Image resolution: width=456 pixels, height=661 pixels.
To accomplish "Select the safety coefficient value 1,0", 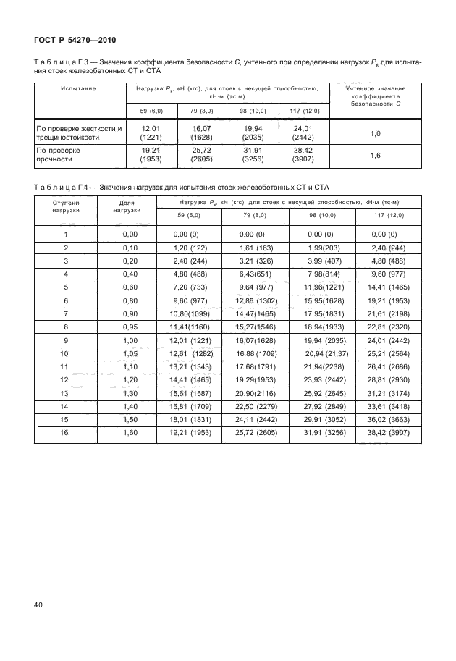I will (375, 134).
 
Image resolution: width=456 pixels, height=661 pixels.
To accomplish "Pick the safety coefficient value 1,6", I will (375, 156).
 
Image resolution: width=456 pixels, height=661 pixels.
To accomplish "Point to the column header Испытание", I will (78, 88).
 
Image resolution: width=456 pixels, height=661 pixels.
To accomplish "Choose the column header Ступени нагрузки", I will (65, 206).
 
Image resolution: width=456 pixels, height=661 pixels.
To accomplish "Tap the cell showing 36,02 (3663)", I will (390, 420).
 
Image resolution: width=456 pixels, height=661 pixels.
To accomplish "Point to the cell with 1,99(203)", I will (321, 248).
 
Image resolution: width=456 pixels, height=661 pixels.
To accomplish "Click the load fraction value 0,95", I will (130, 327).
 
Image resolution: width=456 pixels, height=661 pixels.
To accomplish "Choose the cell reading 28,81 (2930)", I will (390, 380).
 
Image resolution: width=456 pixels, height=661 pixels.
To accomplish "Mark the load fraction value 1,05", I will (130, 353).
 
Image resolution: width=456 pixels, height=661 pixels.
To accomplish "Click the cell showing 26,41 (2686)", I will (390, 367).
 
